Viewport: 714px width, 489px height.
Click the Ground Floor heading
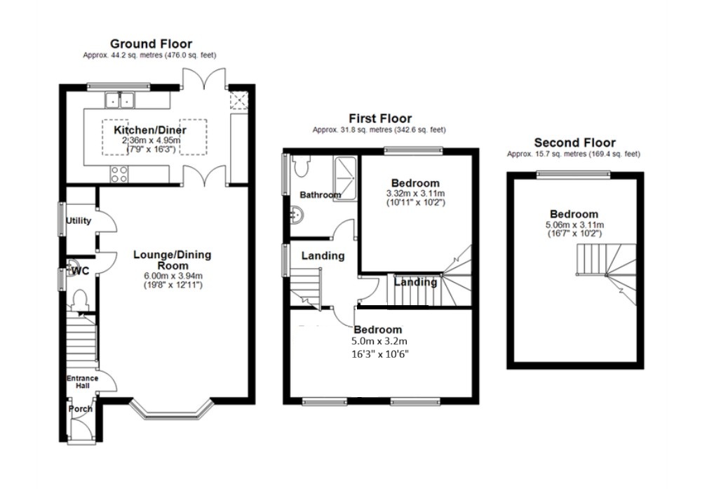pyautogui.click(x=151, y=43)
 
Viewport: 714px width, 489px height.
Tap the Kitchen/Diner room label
pyautogui.click(x=150, y=130)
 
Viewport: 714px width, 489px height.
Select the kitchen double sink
pyautogui.click(x=120, y=100)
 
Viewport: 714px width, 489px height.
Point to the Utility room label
pyautogui.click(x=79, y=221)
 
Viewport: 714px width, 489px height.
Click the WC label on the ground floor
pyautogui.click(x=81, y=271)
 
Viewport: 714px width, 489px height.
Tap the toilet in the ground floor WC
pyautogui.click(x=80, y=300)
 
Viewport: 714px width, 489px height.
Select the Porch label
pyautogui.click(x=80, y=409)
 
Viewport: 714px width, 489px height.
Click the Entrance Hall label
pyautogui.click(x=83, y=382)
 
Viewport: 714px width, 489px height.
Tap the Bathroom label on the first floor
pyautogui.click(x=320, y=195)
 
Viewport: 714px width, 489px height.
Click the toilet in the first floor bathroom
pyautogui.click(x=300, y=166)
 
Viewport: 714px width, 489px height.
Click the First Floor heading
pyautogui.click(x=380, y=119)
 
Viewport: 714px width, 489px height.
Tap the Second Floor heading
pyautogui.click(x=574, y=142)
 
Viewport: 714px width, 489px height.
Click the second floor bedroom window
pyautogui.click(x=573, y=173)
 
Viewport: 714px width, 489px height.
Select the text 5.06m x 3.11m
pyautogui.click(x=574, y=225)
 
